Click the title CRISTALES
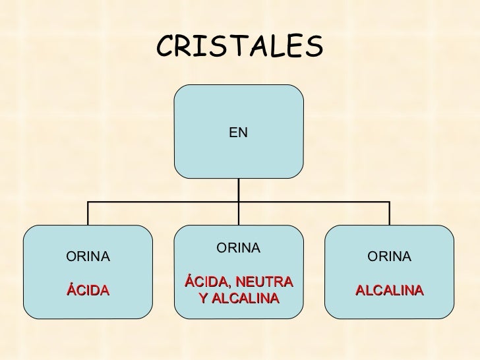[240, 45]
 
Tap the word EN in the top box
[238, 133]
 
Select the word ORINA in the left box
[88, 256]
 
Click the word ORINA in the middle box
[239, 248]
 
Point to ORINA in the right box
[390, 256]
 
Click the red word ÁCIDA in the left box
[88, 289]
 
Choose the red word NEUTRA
[264, 282]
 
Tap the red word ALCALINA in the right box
[390, 290]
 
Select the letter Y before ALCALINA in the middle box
[203, 298]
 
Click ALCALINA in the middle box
[245, 298]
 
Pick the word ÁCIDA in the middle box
[206, 281]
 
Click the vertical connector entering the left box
[88, 214]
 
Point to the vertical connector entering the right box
[390, 214]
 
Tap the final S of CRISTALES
[315, 46]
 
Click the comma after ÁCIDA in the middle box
[229, 286]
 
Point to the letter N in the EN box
[243, 133]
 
